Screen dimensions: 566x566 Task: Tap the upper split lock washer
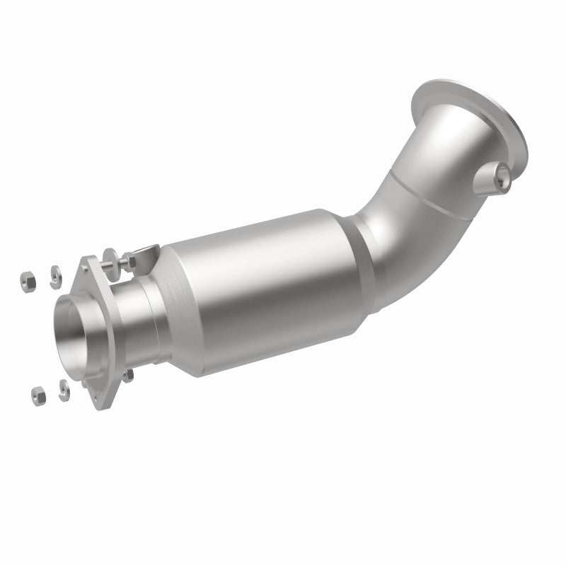coord(54,275)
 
